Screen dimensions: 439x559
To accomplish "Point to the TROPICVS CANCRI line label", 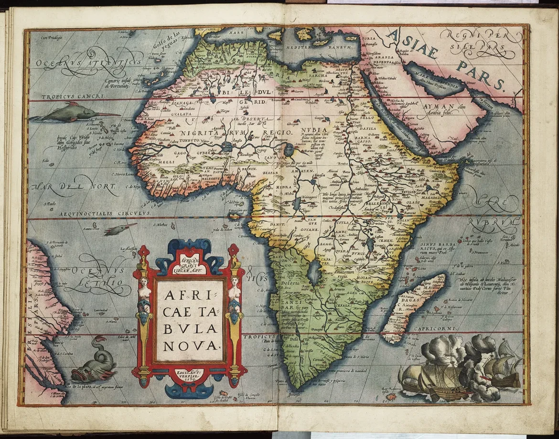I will tap(66, 96).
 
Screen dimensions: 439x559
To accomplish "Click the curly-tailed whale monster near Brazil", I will tap(95, 361).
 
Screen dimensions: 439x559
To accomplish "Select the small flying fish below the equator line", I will tap(119, 230).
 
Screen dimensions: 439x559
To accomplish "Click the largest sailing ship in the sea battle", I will tap(430, 377).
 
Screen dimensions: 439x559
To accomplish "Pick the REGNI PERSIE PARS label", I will tap(480, 42).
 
